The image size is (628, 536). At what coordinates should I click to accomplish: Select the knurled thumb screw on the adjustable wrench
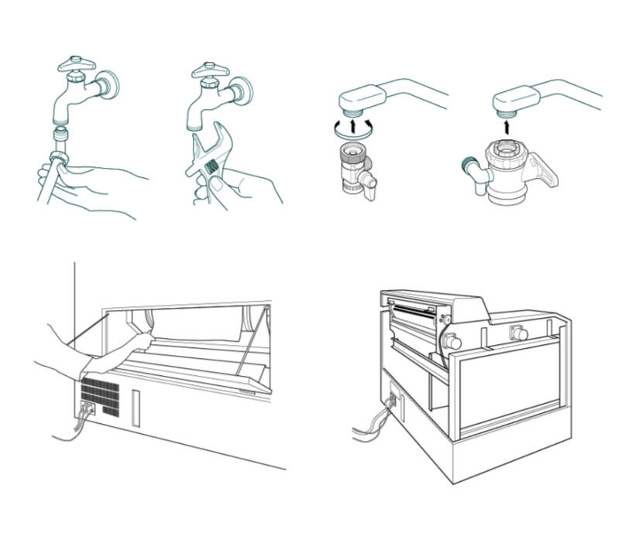coord(208,165)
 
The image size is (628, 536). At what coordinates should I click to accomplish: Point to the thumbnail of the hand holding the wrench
coord(201,184)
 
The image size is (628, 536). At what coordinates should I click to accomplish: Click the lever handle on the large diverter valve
coord(544,172)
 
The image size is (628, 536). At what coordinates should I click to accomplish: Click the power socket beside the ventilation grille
coord(88,407)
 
